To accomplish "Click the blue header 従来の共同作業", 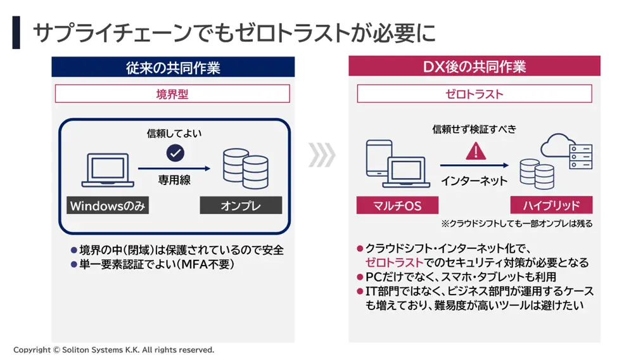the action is pos(173,67).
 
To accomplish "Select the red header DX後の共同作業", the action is pos(474,66).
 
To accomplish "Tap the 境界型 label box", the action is pos(172,94).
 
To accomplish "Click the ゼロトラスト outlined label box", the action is pos(474,94).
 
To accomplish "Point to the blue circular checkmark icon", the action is pos(175,153).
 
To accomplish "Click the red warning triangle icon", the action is pos(476,151).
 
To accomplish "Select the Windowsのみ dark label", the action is pos(108,205).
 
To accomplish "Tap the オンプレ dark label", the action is pos(241,205).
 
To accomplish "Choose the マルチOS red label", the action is pos(397,205).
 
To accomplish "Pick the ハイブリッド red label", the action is pos(551,205).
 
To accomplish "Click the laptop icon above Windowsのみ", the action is pos(108,170).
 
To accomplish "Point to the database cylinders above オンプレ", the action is pos(246,169).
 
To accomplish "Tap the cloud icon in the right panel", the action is pos(556,145).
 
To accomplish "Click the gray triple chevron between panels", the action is pos(322,155).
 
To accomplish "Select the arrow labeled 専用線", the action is pos(174,169).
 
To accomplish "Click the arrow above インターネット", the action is pos(474,165).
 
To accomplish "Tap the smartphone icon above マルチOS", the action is pos(378,158).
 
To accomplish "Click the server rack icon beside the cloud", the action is pos(581,157).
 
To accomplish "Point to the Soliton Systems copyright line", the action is pos(113,350).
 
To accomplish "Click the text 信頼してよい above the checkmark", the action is pos(174,133).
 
